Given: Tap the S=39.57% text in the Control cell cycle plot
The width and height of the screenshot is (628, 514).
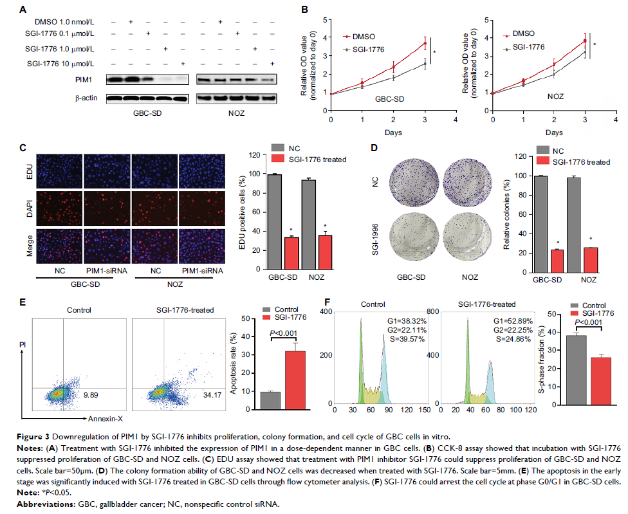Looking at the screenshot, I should (400, 338).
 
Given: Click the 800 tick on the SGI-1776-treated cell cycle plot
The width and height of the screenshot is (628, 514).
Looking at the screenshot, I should (451, 310).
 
